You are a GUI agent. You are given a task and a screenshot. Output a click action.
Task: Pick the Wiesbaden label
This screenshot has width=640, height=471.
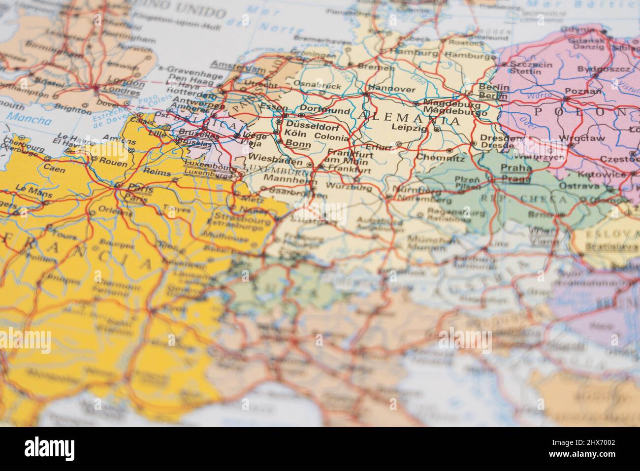(276, 160)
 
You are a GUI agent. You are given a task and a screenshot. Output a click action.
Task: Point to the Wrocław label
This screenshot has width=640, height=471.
(582, 138)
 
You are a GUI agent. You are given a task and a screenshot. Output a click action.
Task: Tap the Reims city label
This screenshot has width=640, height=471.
(157, 173)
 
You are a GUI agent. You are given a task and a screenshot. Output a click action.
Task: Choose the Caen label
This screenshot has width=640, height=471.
(54, 168)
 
